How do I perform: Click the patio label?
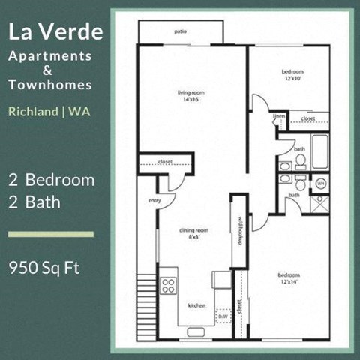tap(180, 32)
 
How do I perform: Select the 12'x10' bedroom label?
tap(292, 75)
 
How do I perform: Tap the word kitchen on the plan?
tap(196, 305)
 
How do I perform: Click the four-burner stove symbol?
tap(169, 285)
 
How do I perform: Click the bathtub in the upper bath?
tap(320, 151)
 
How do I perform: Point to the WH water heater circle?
tap(320, 182)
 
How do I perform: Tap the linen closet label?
tap(279, 117)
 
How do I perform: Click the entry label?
tap(155, 201)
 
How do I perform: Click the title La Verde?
tap(57, 32)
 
